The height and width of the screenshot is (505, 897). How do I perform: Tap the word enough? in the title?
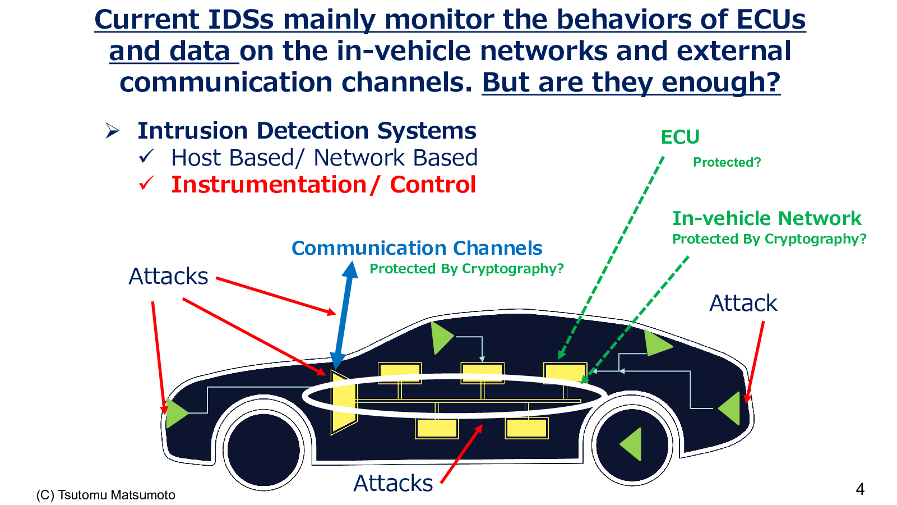(x=720, y=82)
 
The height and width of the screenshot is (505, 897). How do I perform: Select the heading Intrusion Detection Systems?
(x=307, y=131)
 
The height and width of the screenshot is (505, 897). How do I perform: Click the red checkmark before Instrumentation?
(x=146, y=183)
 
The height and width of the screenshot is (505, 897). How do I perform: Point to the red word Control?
(x=433, y=185)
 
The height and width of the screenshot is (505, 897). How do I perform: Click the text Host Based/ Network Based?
(x=325, y=158)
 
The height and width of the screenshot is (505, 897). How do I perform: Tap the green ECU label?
(x=680, y=137)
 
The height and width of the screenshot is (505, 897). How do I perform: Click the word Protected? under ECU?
(x=727, y=162)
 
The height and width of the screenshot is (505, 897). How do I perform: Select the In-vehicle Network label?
(x=766, y=218)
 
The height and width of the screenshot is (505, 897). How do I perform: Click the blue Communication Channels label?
(x=417, y=248)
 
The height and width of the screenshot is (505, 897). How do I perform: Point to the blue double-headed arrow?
(x=343, y=315)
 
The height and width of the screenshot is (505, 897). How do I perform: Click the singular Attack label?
(x=743, y=303)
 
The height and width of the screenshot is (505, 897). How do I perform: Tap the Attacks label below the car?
(x=393, y=483)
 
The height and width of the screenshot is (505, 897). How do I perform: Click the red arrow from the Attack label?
(x=755, y=362)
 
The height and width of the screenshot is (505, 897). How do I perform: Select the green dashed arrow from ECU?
(x=611, y=258)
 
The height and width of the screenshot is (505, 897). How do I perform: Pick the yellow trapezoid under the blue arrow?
(x=344, y=402)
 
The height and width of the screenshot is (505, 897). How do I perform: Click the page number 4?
(x=860, y=489)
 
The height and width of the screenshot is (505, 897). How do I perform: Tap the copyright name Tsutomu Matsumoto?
(x=117, y=495)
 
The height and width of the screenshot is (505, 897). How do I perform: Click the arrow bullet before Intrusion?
(x=113, y=131)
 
